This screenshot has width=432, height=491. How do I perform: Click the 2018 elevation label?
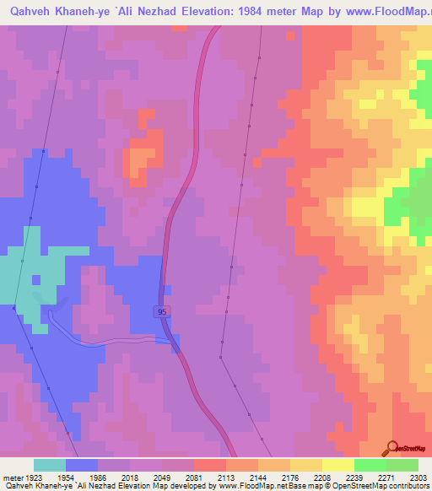(x=130, y=477)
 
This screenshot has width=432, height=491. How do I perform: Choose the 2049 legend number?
(x=162, y=477)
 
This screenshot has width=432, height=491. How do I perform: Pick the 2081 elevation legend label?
(x=194, y=477)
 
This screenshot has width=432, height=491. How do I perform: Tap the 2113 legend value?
(x=226, y=477)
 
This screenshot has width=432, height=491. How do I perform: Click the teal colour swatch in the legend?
(x=50, y=465)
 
